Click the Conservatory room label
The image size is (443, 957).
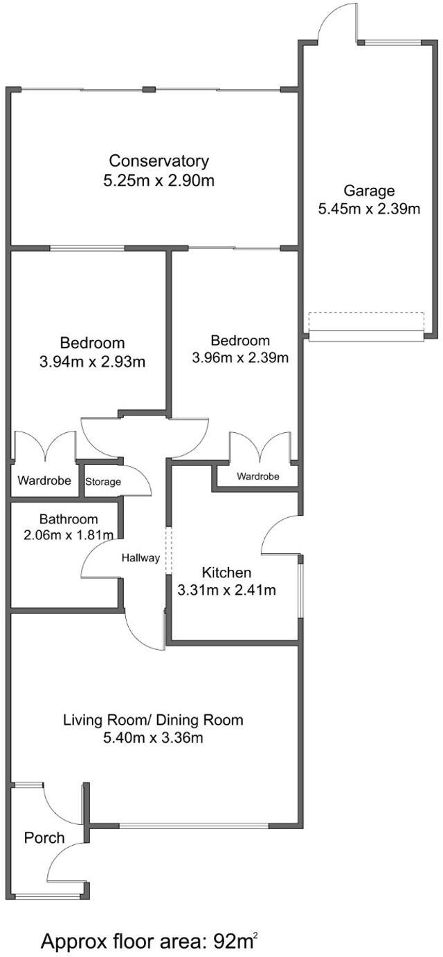pyautogui.click(x=159, y=161)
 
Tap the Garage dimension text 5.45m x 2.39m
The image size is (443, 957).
pyautogui.click(x=369, y=209)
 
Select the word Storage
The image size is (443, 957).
pyautogui.click(x=103, y=482)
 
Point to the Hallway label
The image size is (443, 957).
pyautogui.click(x=141, y=558)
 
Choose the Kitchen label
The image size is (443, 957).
pyautogui.click(x=226, y=573)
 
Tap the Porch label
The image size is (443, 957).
pyautogui.click(x=44, y=838)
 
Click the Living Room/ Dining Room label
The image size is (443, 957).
pyautogui.click(x=153, y=720)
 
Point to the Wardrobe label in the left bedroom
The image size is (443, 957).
pyautogui.click(x=44, y=480)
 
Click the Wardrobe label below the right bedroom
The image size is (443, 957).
pyautogui.click(x=257, y=476)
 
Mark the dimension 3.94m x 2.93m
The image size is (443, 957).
pyautogui.click(x=92, y=361)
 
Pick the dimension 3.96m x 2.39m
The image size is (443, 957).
pyautogui.click(x=239, y=357)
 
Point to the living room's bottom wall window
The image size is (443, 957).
pyautogui.click(x=194, y=826)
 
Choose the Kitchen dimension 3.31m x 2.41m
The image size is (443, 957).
pyautogui.click(x=226, y=591)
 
